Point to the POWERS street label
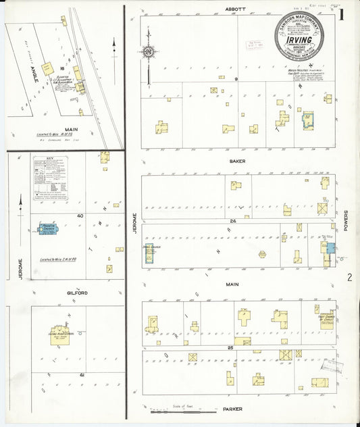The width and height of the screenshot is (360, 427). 345,220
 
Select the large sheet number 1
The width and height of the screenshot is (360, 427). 344,14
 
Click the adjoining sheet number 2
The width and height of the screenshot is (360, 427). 349,277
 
